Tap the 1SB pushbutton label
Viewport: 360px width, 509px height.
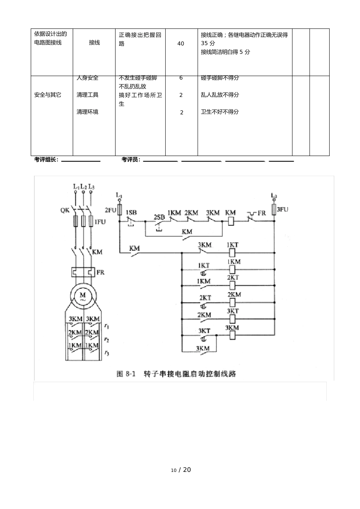131,212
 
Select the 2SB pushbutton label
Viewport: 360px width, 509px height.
160,217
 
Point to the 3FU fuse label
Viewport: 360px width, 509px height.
282,209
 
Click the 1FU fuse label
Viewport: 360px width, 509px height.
100,222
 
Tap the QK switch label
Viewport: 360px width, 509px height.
65,210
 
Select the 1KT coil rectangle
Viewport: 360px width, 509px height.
233,252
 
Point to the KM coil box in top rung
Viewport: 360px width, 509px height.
230,222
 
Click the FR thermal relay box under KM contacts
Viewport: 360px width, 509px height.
83,272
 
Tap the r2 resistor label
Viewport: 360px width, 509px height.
107,340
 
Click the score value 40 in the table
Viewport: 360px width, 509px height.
181,44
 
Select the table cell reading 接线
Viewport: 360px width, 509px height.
94,43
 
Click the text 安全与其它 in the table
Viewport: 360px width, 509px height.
48,95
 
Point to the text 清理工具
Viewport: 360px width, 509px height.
88,95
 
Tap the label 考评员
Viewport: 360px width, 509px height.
131,160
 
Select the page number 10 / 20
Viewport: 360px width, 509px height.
181,470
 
